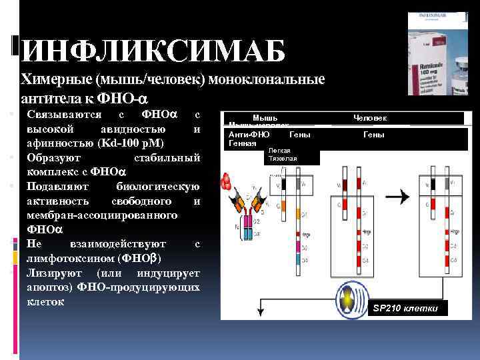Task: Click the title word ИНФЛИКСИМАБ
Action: pos(153,51)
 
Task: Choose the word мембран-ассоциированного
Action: pos(101,215)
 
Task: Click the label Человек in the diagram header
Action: pos(370,118)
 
